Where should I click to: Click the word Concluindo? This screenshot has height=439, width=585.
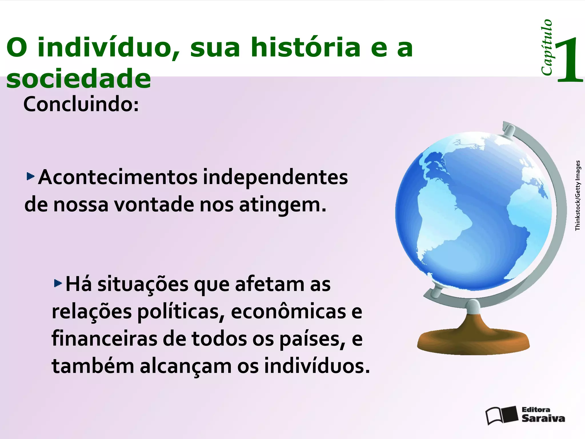pyautogui.click(x=81, y=105)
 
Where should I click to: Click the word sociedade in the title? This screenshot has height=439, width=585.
pyautogui.click(x=79, y=79)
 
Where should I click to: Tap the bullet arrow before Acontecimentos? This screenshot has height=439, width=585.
pyautogui.click(x=30, y=176)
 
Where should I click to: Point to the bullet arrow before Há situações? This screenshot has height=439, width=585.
pyautogui.click(x=58, y=283)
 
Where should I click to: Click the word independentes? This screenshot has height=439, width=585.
pyautogui.click(x=275, y=178)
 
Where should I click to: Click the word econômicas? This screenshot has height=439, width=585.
pyautogui.click(x=289, y=312)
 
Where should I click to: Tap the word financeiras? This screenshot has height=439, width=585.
pyautogui.click(x=104, y=339)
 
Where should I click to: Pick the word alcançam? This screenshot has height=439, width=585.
pyautogui.click(x=186, y=366)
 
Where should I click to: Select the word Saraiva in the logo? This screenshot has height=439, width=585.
pyautogui.click(x=543, y=418)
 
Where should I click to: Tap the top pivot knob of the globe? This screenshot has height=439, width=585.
pyautogui.click(x=509, y=130)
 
